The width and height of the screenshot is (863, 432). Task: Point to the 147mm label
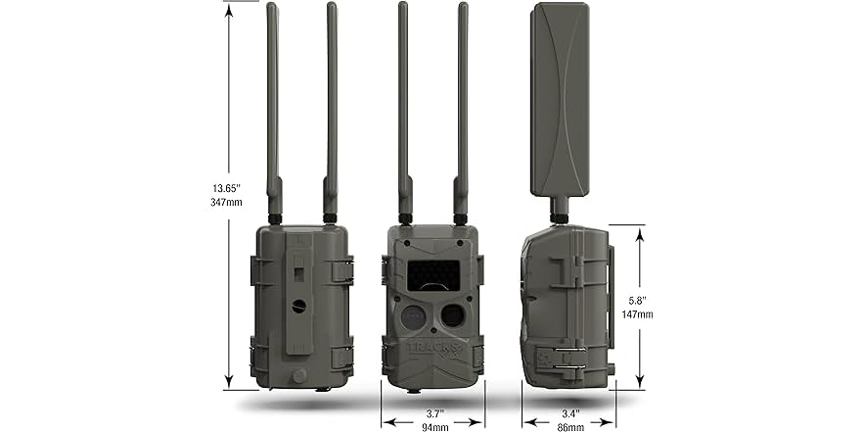coord(638,314)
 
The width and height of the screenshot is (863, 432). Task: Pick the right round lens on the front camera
coord(452,314)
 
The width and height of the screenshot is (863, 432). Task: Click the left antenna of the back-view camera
coord(273,108)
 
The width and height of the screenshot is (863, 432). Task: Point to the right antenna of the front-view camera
coord(462,108)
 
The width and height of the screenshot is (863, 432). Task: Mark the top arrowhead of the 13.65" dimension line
coord(229,7)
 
